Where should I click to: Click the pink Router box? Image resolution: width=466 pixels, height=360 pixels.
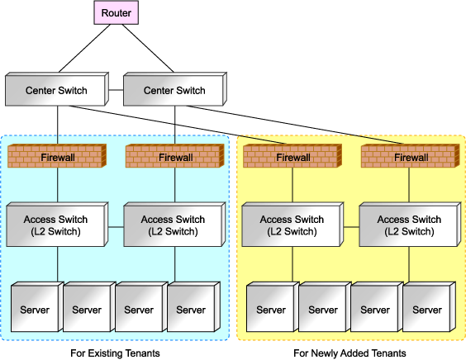[116, 12]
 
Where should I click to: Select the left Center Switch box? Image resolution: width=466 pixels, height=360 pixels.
[57, 89]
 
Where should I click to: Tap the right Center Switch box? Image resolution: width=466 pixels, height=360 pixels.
[175, 89]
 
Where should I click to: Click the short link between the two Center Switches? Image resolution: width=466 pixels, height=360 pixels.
[116, 90]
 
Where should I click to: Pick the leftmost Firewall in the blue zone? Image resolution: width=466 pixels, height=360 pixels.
[57, 156]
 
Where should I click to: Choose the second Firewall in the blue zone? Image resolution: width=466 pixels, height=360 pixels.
[175, 156]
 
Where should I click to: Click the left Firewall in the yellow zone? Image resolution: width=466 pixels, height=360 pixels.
[292, 156]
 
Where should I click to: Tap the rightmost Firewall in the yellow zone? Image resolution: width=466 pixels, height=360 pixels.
[410, 156]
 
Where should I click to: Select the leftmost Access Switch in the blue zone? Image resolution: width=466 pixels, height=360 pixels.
[57, 225]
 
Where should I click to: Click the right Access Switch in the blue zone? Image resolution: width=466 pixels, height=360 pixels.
[175, 225]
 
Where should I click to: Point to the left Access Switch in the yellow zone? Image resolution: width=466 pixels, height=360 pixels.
[292, 225]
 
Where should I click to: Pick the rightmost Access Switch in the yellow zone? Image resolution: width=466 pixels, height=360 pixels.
[410, 225]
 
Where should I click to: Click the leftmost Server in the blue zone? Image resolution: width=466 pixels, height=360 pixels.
[37, 307]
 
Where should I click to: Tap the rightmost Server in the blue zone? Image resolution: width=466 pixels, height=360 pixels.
[193, 307]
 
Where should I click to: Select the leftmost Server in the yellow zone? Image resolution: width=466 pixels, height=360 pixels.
[273, 307]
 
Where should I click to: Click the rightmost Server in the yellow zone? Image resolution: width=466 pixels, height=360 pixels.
[429, 307]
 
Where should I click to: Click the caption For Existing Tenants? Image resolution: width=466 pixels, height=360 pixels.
[115, 353]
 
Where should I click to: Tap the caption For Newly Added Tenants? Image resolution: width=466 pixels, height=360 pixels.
[349, 353]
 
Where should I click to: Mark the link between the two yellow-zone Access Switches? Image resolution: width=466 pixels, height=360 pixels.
[351, 227]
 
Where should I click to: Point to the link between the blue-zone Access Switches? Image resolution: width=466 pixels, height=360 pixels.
[116, 227]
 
